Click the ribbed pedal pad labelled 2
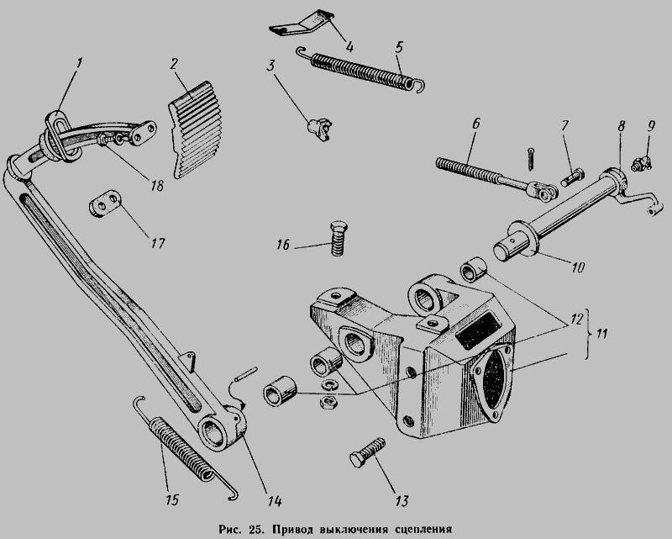[x=196, y=129]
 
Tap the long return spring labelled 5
[x=361, y=69]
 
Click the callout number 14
[x=274, y=501]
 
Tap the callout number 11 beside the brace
[x=601, y=334]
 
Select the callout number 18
[x=156, y=185]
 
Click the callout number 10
[x=577, y=267]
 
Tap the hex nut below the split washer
[x=328, y=402]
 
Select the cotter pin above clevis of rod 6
[x=531, y=159]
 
